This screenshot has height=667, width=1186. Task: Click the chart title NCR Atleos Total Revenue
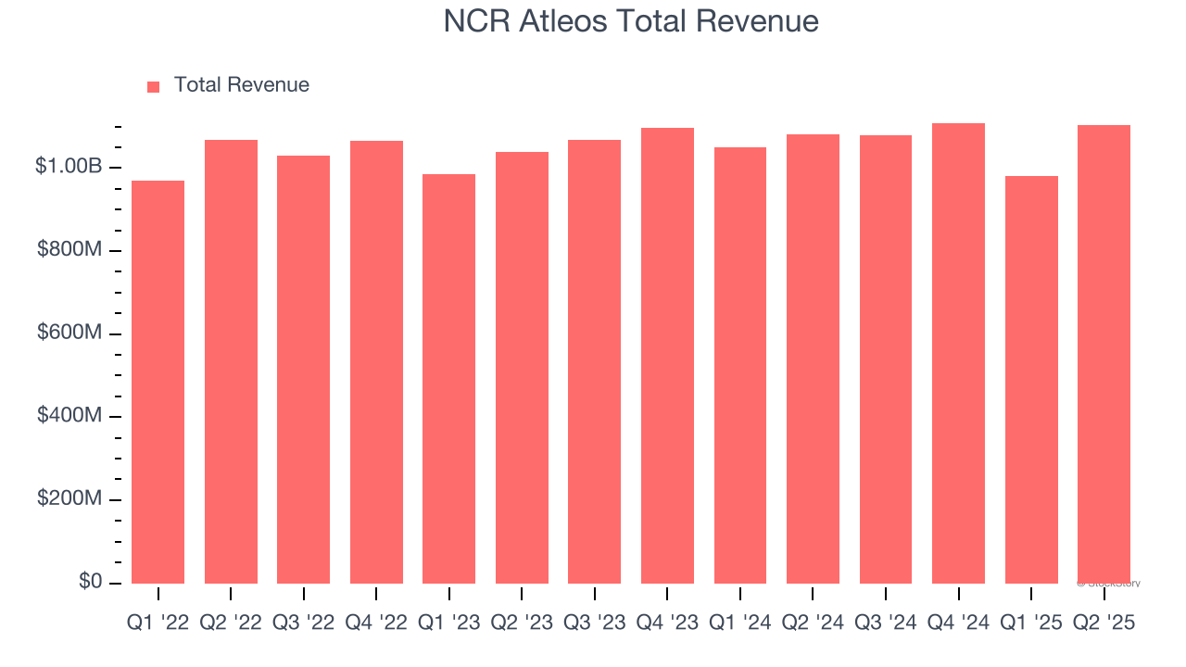[631, 21]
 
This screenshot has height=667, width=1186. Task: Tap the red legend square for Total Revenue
[154, 86]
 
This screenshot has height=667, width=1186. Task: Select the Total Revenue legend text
[241, 85]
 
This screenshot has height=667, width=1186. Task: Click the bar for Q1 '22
[158, 382]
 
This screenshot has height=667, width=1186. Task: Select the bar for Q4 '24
[958, 353]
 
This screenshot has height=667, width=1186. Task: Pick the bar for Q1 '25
[1031, 380]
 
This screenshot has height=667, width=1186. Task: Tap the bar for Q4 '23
[667, 356]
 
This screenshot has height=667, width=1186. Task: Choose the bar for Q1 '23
[448, 379]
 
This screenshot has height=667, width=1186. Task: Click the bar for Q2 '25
[1104, 354]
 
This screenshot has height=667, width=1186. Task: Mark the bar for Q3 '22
[303, 370]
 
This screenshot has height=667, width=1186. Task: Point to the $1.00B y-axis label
[68, 167]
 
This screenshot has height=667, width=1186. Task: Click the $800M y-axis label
[68, 250]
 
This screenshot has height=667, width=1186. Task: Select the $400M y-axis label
[68, 416]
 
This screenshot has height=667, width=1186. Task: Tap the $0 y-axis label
[89, 582]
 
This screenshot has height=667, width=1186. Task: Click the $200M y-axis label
[68, 499]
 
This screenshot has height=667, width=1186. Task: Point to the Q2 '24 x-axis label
[813, 623]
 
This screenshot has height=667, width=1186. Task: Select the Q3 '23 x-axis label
[594, 623]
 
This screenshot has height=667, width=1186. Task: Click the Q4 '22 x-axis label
[376, 623]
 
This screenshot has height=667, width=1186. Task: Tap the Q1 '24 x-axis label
[739, 623]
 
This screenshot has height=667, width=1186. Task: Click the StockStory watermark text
[1109, 584]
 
